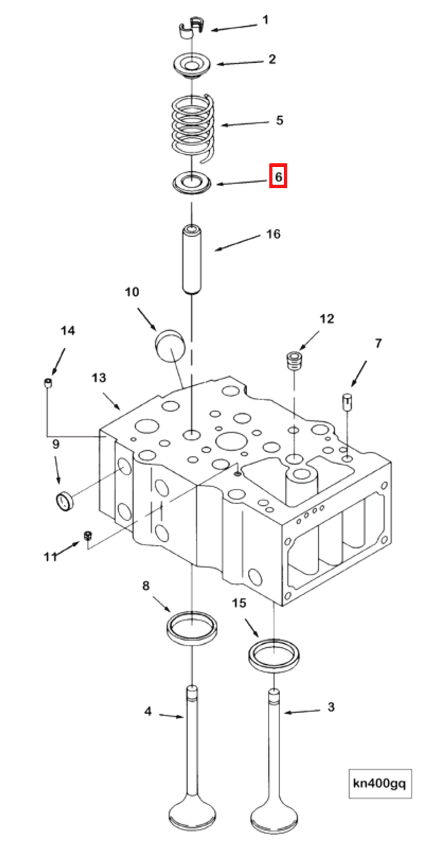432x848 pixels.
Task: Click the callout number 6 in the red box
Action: [x=278, y=176]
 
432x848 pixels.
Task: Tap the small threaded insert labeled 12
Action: [x=294, y=360]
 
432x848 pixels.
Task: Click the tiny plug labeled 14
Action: [x=49, y=384]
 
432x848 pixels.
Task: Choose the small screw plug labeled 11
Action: [x=88, y=536]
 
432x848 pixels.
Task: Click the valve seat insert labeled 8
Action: [x=192, y=628]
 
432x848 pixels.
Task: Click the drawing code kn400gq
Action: [x=379, y=784]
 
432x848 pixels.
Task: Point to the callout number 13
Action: [x=99, y=378]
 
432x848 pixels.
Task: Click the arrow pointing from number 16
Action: [x=235, y=243]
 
